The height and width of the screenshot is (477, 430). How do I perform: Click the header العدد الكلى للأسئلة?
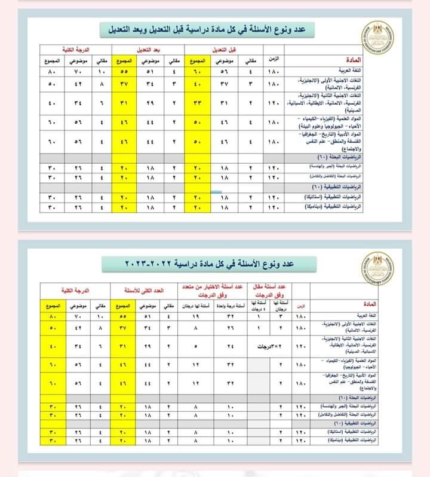pos(141,290)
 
